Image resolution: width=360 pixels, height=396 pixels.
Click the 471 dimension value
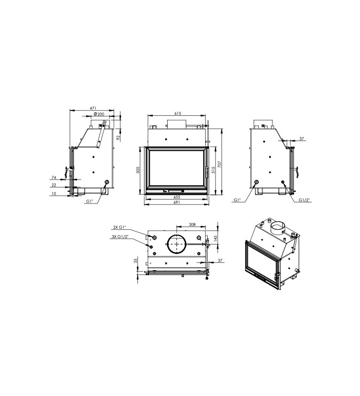point(92,108)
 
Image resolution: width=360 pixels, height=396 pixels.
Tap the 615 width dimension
point(178,113)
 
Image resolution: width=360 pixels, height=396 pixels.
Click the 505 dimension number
point(137,169)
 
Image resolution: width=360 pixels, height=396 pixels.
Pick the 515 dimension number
point(213,170)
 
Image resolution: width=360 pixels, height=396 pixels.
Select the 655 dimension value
point(177,197)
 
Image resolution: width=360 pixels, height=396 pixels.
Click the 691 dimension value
point(177,202)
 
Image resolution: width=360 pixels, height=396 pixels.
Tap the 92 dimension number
point(118,138)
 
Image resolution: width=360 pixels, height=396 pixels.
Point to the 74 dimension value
point(54,177)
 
